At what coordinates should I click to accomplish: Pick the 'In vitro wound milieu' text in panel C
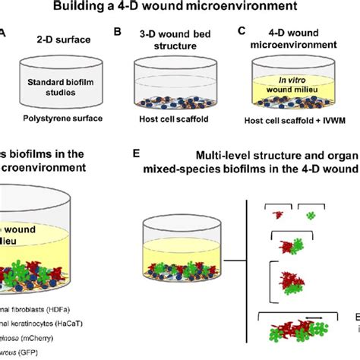[x=299, y=86]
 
